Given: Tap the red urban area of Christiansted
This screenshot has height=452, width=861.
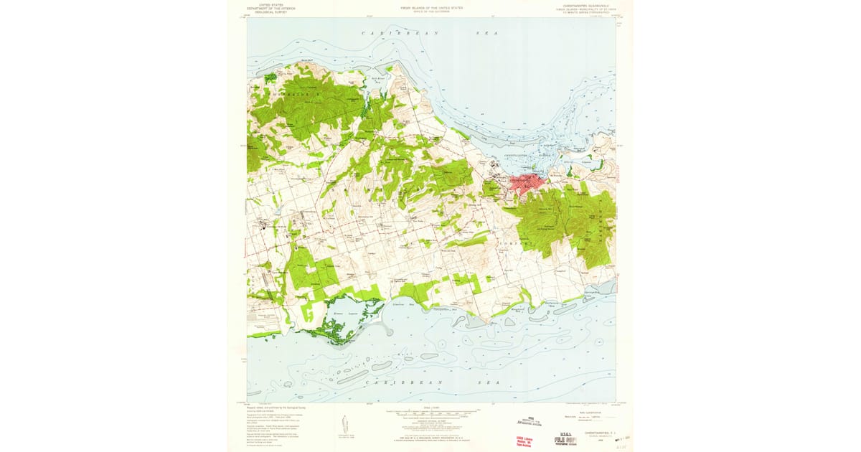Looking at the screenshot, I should point(527,182).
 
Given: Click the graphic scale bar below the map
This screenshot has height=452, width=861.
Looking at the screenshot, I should point(430,414).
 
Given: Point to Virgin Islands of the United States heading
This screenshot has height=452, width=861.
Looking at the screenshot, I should point(431,6).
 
